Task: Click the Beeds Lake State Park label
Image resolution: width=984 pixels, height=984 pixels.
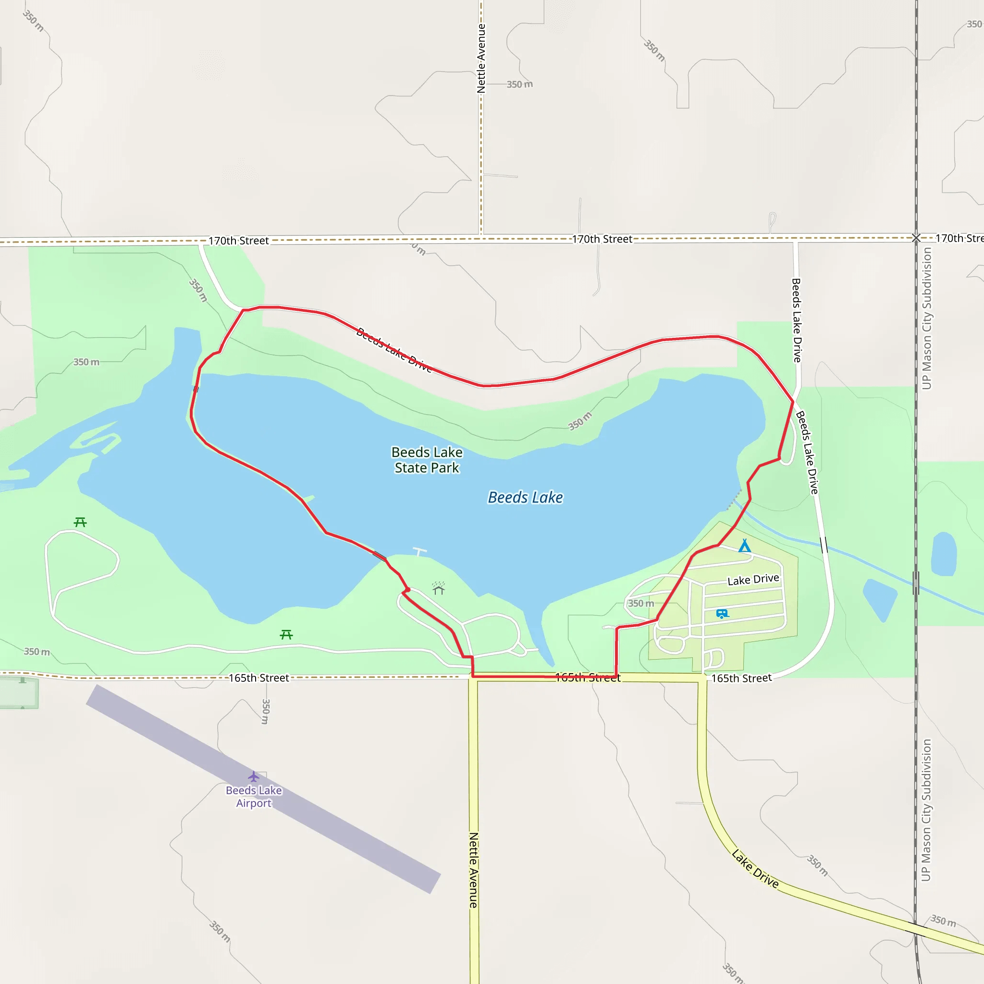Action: tap(427, 460)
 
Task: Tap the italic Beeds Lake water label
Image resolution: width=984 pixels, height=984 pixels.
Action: tap(525, 498)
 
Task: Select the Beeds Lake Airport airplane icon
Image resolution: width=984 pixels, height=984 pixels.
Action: tap(254, 777)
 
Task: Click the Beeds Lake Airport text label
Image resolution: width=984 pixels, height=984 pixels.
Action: tap(254, 797)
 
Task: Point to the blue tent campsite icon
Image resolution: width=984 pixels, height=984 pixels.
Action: tap(744, 546)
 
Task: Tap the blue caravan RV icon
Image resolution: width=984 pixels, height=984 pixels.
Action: tap(722, 614)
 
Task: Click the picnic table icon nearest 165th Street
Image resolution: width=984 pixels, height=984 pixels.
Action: tap(286, 635)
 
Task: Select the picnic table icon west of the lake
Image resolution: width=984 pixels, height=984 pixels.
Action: tap(80, 522)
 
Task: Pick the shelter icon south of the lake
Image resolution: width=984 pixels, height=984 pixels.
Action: tap(439, 589)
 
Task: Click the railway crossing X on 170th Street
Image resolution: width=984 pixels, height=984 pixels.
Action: tap(916, 238)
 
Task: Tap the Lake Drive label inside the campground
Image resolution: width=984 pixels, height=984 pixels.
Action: tap(753, 579)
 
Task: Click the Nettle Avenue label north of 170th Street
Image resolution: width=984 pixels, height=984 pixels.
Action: tap(481, 59)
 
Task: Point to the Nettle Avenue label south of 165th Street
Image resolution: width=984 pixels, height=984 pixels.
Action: tap(473, 870)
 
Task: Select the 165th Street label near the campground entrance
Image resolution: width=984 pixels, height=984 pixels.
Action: tap(741, 678)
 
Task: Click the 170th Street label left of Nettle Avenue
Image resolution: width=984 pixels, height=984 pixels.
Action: tap(238, 240)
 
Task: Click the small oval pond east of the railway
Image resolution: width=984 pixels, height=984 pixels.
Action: tap(944, 554)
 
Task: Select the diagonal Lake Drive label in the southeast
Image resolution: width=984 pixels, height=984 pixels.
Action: tap(755, 868)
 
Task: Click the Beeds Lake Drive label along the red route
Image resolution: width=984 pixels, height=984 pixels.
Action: tap(394, 350)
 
